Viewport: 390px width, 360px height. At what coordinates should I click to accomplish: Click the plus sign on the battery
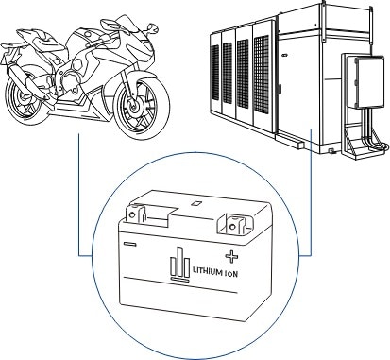[x=232, y=254]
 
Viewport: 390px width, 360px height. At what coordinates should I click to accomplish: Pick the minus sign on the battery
[x=129, y=245]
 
